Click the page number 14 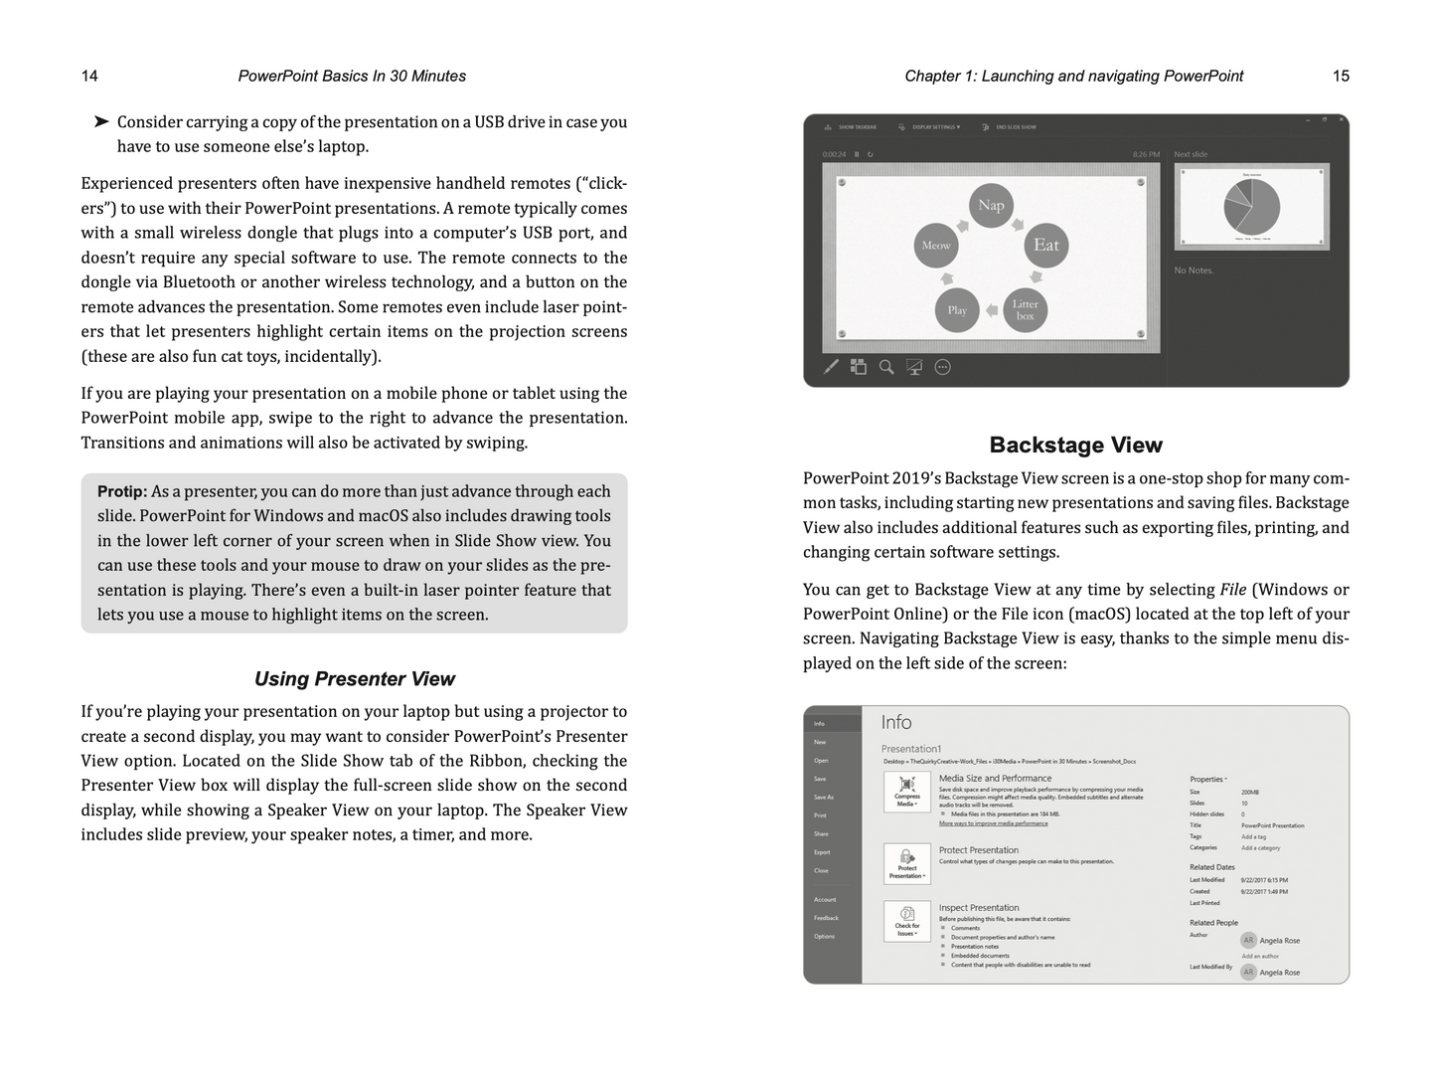(89, 77)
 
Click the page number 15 (1341, 77)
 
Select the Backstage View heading (1075, 446)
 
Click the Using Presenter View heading (354, 679)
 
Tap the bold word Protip (122, 491)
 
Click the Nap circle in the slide (991, 206)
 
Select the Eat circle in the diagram (1045, 245)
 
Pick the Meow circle (936, 246)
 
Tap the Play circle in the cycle (957, 310)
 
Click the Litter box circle (1025, 310)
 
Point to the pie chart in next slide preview (1251, 207)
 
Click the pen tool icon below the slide (832, 367)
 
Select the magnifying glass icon (886, 367)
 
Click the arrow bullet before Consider (101, 122)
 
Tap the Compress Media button (906, 792)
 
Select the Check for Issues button (906, 921)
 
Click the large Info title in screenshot (895, 723)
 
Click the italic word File (1232, 590)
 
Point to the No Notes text (1194, 271)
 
